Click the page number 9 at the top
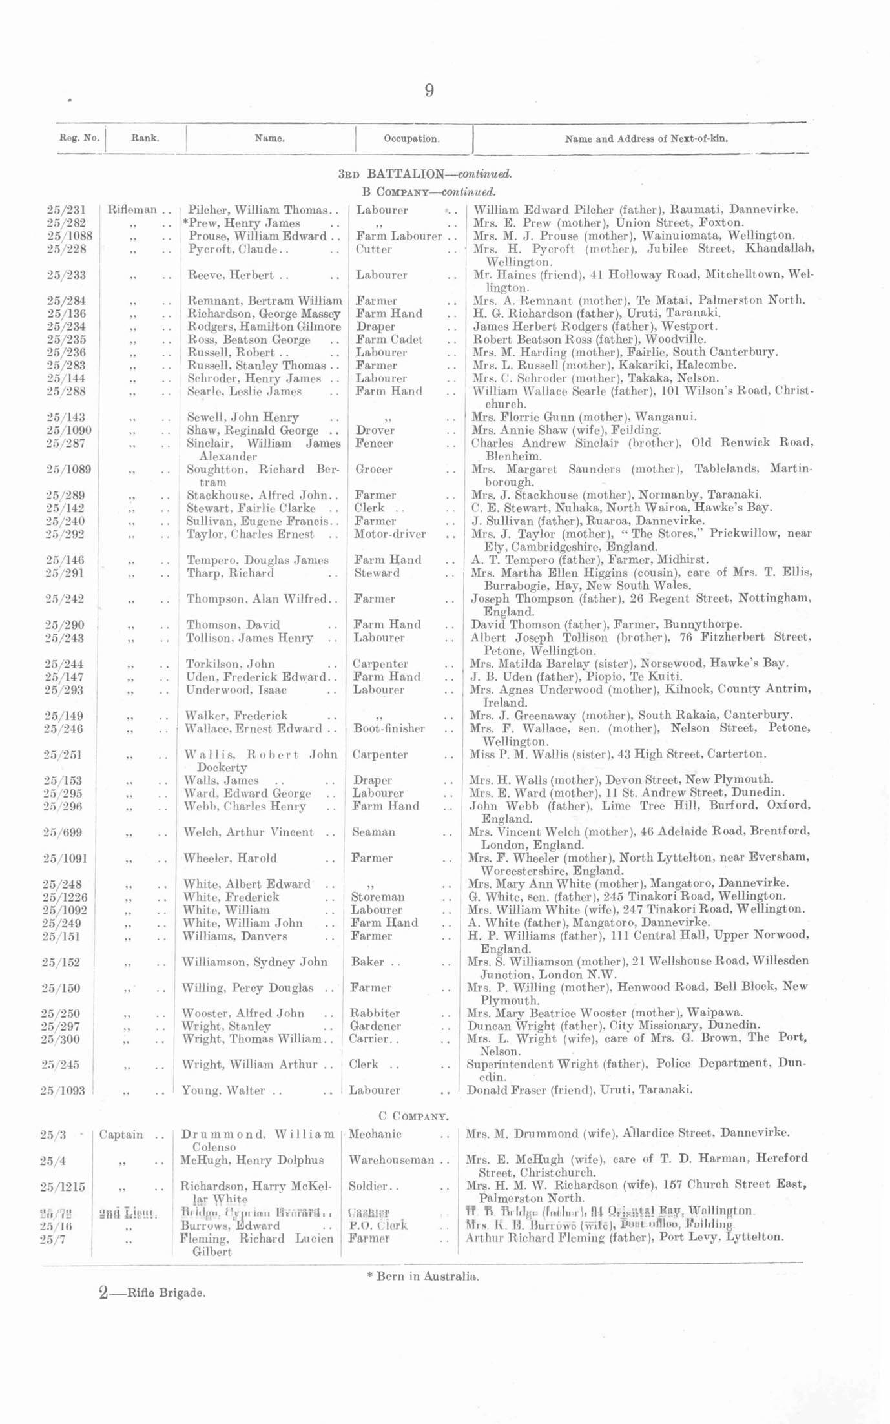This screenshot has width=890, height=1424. (x=429, y=90)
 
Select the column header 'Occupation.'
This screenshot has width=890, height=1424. (x=411, y=139)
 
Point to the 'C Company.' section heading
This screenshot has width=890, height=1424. (x=413, y=1115)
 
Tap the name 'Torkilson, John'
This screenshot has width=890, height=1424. (x=231, y=664)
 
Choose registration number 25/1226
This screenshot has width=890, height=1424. (x=64, y=897)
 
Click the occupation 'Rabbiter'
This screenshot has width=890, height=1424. (x=375, y=1013)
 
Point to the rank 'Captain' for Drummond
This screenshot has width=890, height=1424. (x=121, y=1135)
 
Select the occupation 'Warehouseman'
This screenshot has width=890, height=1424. (x=391, y=1160)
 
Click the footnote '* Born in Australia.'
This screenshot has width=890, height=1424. (x=422, y=1276)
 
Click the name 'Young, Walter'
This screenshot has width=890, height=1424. (x=223, y=1091)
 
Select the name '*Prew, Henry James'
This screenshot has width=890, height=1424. (x=241, y=223)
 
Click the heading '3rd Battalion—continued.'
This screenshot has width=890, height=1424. (x=425, y=174)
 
